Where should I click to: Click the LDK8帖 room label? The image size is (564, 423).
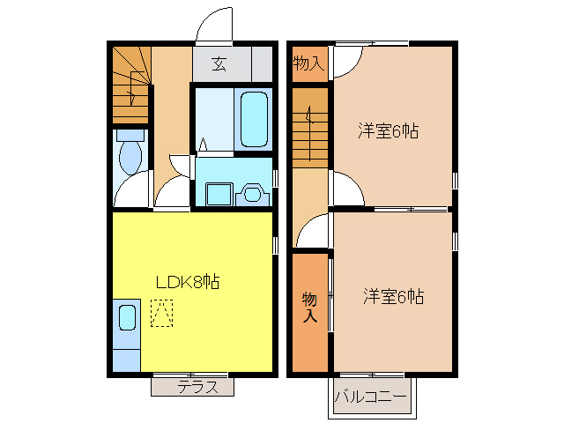point(187,283)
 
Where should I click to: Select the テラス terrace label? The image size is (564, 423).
point(192,386)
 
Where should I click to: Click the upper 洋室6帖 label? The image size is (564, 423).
point(388,131)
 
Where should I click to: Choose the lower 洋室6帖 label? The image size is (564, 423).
point(393,297)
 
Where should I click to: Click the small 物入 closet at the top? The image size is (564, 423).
point(309,63)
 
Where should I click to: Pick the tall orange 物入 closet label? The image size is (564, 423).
point(310,306)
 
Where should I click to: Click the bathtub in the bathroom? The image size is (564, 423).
point(256,119)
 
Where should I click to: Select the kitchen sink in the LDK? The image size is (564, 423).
point(126,316)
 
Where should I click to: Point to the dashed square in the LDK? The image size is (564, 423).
point(161,314)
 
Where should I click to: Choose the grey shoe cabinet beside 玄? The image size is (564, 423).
point(262,63)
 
